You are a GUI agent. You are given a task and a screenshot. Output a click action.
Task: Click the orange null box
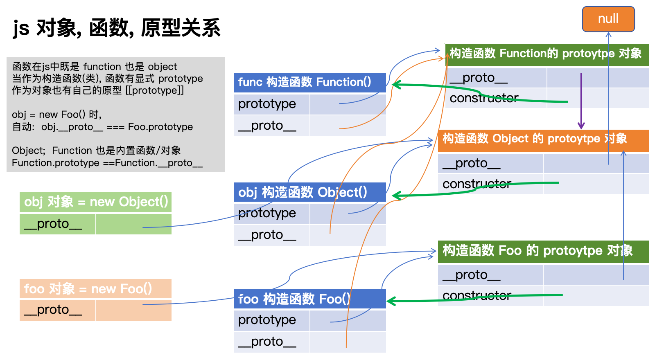tap(608, 19)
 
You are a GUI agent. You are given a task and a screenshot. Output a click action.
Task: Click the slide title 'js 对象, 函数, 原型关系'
tap(117, 28)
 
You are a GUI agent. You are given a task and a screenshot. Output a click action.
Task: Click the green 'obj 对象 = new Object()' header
tap(95, 202)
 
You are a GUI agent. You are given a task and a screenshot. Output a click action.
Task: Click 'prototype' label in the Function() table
tap(267, 104)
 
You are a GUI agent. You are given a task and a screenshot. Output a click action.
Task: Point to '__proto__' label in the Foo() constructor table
tap(267, 342)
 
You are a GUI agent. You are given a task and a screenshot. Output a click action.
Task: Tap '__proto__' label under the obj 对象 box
tap(53, 224)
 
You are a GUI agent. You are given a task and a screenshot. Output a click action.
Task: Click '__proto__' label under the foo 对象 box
tap(53, 310)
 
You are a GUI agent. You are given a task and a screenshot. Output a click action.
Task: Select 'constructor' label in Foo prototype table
tap(477, 295)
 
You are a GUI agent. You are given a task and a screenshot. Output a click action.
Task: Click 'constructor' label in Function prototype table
tap(484, 98)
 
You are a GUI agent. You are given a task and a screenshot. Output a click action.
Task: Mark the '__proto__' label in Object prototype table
tap(471, 164)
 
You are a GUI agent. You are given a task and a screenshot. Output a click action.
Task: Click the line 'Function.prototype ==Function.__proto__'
tap(107, 163)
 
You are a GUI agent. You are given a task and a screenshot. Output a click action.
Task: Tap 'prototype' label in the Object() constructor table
tap(267, 213)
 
